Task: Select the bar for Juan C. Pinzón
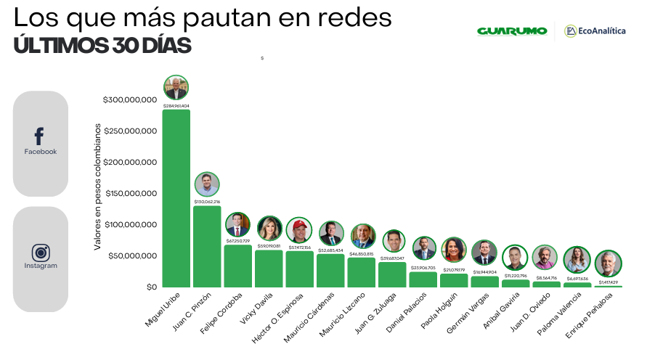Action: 207,247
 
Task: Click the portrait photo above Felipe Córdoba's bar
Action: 237,224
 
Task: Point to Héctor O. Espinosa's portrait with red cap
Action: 298,230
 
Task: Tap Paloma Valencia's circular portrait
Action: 577,259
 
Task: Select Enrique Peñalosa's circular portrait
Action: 608,263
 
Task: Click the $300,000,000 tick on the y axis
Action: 130,100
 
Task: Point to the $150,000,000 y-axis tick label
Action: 130,194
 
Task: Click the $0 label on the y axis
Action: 150,287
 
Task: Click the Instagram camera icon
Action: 41,253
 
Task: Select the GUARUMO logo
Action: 511,31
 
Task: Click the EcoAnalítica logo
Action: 595,31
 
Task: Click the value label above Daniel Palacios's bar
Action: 423,268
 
